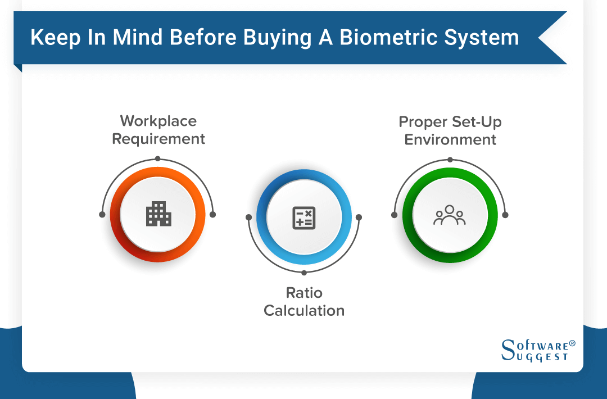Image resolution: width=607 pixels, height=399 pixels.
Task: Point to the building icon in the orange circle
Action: (x=158, y=214)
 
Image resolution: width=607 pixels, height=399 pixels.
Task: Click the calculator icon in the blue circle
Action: (x=304, y=217)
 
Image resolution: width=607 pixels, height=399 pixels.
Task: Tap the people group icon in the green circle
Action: (x=449, y=215)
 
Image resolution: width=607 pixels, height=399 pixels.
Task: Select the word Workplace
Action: (x=158, y=121)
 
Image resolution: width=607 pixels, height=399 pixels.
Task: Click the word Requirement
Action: (x=158, y=139)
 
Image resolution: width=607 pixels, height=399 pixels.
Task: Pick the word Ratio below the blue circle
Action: (x=304, y=293)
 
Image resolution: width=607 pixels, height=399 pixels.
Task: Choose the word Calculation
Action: (x=304, y=310)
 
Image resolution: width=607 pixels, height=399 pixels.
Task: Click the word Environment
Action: (x=450, y=139)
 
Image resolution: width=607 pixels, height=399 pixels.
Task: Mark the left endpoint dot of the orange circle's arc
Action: (x=102, y=215)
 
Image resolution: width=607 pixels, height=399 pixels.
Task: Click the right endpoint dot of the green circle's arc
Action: (x=505, y=215)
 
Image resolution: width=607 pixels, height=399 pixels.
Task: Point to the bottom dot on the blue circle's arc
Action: (x=304, y=273)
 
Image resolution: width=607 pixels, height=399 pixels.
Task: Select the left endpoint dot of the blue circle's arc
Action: (x=248, y=217)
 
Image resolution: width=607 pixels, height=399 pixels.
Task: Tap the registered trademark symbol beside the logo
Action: (x=572, y=342)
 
